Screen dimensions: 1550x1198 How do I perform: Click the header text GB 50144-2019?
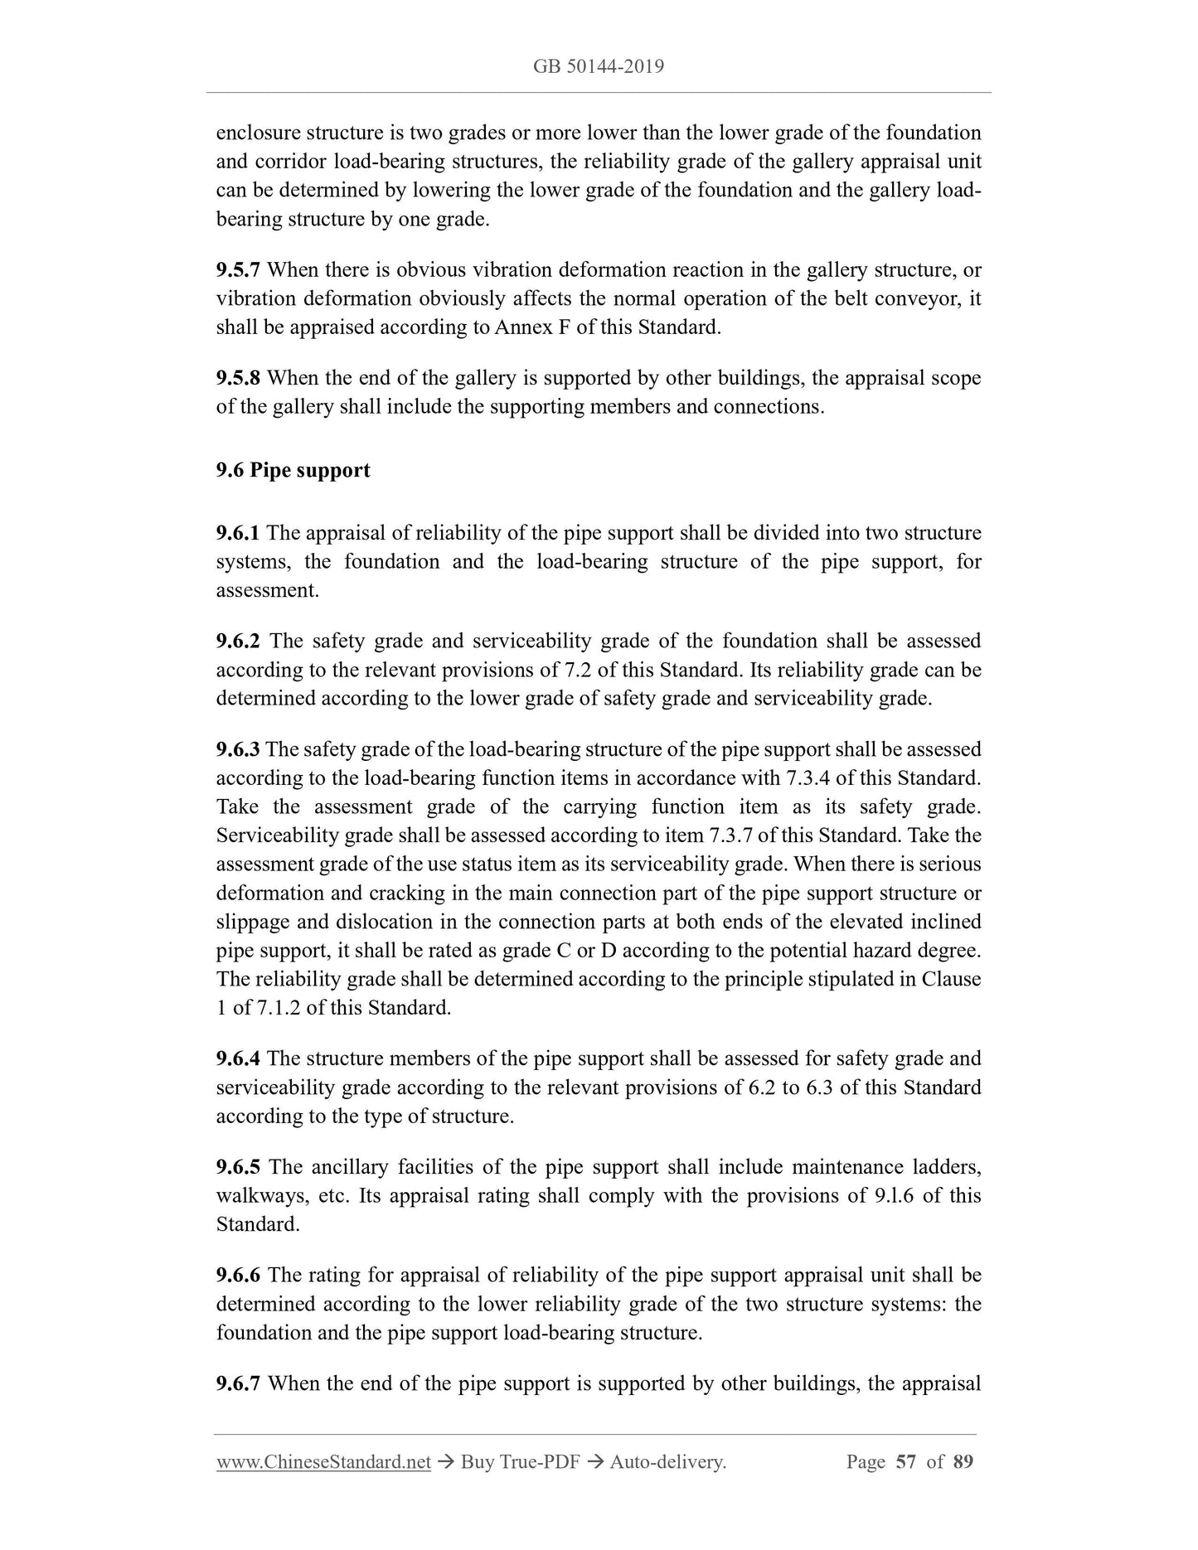[x=599, y=66]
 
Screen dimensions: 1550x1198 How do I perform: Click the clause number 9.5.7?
[x=238, y=270]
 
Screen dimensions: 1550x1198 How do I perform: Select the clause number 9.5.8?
[x=238, y=379]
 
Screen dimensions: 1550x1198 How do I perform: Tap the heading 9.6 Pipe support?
[x=293, y=471]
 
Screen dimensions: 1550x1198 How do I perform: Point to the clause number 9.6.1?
[x=238, y=533]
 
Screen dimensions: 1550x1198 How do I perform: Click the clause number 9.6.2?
[x=238, y=642]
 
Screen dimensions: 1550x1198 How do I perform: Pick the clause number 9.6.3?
[x=238, y=750]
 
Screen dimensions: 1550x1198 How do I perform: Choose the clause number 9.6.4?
[x=238, y=1059]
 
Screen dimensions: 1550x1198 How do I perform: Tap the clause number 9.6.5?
[x=238, y=1168]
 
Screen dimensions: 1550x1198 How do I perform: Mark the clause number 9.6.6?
[x=238, y=1276]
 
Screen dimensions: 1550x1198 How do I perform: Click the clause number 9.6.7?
[x=238, y=1384]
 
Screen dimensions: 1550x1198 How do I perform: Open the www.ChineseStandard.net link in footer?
[x=323, y=1463]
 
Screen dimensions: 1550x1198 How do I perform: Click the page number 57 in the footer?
[x=905, y=1462]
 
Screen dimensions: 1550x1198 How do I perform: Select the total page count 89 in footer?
[x=963, y=1462]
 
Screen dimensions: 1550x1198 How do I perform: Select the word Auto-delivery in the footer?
[x=667, y=1463]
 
